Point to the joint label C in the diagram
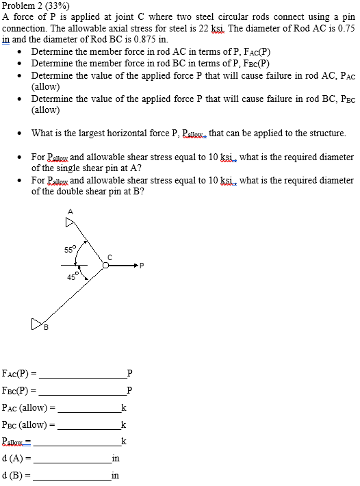tap(107, 257)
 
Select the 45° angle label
tap(73, 277)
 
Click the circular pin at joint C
tap(107, 266)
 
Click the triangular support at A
tap(69, 221)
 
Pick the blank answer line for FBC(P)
tap(83, 392)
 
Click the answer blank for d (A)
tap(73, 459)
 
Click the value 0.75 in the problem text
tap(346, 29)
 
